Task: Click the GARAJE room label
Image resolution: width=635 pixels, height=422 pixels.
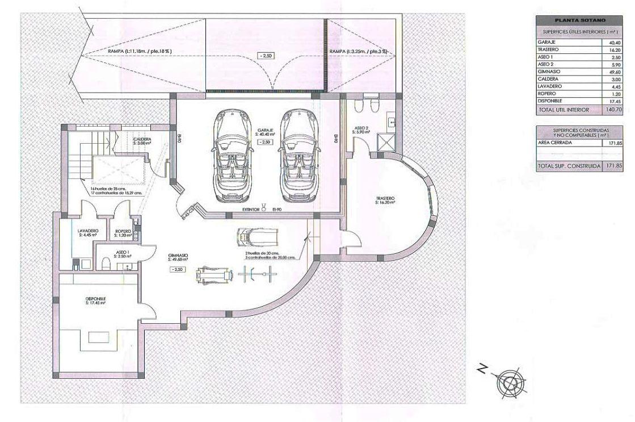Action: [266, 130]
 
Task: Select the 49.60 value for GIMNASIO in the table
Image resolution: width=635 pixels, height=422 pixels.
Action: [614, 72]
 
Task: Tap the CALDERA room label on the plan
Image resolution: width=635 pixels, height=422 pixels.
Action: [142, 140]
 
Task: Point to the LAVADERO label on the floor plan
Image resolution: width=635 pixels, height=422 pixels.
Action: [89, 231]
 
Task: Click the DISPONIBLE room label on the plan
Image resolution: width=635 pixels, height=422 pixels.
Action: [96, 299]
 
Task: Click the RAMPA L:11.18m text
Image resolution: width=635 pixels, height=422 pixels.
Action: [140, 52]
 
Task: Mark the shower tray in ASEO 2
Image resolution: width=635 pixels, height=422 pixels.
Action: [388, 140]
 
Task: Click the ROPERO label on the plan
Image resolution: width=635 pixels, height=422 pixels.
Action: [123, 231]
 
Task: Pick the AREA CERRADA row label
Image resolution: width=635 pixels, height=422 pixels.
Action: [556, 143]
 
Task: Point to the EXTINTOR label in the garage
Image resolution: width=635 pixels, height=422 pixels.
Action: [250, 210]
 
